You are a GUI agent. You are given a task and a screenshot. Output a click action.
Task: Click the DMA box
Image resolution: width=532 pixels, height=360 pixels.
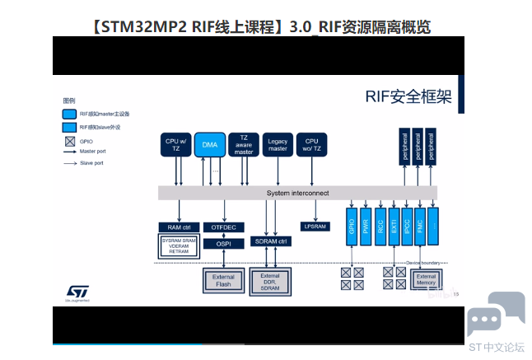[210, 144]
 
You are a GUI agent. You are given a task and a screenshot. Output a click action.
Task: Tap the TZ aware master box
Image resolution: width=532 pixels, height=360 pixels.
[244, 144]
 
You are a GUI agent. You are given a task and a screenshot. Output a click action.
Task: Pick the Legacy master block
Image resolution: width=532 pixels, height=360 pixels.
[278, 144]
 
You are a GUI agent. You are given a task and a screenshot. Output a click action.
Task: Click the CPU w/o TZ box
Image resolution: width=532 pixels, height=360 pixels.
[311, 144]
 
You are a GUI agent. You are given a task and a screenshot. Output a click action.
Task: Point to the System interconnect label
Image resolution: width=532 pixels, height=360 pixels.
[297, 193]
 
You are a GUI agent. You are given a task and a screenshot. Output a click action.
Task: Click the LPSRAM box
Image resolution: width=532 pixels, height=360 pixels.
[315, 227]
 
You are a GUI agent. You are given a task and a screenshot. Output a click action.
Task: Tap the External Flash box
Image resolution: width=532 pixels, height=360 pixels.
[223, 281]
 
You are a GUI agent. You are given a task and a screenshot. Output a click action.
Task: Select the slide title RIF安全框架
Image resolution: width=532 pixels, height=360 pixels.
[408, 98]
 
